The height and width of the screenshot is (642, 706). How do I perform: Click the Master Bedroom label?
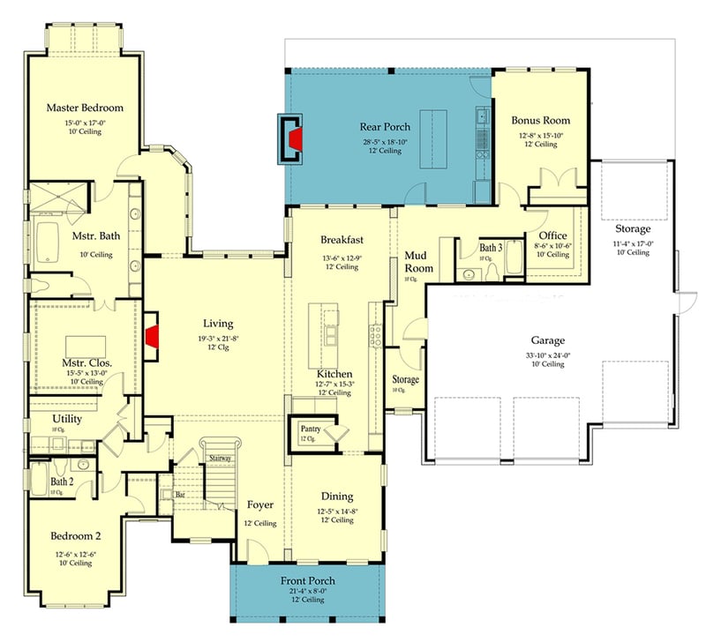84,108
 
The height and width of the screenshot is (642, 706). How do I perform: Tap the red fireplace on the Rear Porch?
297,138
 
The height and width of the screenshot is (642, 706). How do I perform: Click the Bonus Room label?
540,120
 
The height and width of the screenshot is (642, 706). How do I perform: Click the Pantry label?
308,428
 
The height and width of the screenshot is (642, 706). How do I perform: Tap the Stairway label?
221,458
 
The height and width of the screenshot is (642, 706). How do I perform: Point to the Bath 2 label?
62,482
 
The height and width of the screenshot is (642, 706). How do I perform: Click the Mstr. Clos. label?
85,361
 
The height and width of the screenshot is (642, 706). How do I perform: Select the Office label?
553,235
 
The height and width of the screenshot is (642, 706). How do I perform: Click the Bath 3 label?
491,248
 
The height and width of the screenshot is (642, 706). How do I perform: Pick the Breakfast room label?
342,240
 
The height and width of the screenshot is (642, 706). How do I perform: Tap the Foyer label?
259,505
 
